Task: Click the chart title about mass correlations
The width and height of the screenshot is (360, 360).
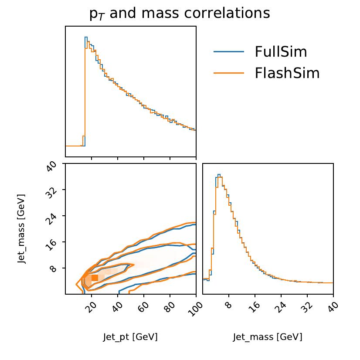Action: (x=180, y=14)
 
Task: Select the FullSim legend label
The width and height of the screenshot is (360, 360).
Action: (x=281, y=52)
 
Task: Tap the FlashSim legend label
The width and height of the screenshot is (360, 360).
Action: (x=287, y=73)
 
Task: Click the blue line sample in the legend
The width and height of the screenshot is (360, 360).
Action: (x=228, y=52)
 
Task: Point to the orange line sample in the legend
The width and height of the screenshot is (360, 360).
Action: (x=228, y=73)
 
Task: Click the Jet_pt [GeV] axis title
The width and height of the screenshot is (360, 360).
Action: (x=130, y=337)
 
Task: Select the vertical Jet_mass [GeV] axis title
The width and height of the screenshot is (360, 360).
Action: (x=21, y=228)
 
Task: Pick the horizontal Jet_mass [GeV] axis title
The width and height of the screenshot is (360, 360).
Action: (x=268, y=337)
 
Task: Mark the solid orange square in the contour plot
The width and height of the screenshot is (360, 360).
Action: (x=95, y=278)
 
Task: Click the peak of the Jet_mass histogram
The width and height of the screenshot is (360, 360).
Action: (x=219, y=175)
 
